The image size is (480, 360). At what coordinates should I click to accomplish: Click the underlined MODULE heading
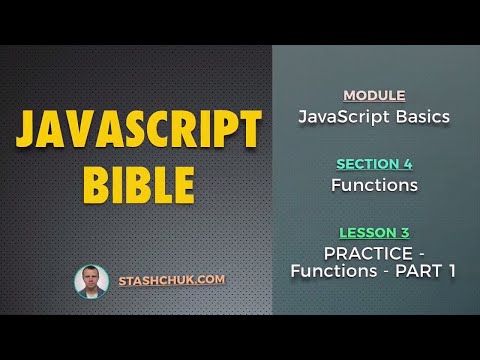[x=374, y=96]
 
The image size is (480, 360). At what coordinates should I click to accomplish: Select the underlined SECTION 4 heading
[x=374, y=164]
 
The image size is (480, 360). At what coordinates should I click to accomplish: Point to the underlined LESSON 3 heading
[x=374, y=232]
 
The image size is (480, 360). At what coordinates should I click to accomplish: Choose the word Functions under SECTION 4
[x=374, y=185]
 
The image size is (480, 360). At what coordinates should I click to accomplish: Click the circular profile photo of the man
[x=91, y=281]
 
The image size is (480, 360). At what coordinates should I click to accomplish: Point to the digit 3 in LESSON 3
[x=405, y=232]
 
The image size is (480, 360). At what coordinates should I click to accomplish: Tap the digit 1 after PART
[x=451, y=270]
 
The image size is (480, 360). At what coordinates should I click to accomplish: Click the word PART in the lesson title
[x=420, y=270]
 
